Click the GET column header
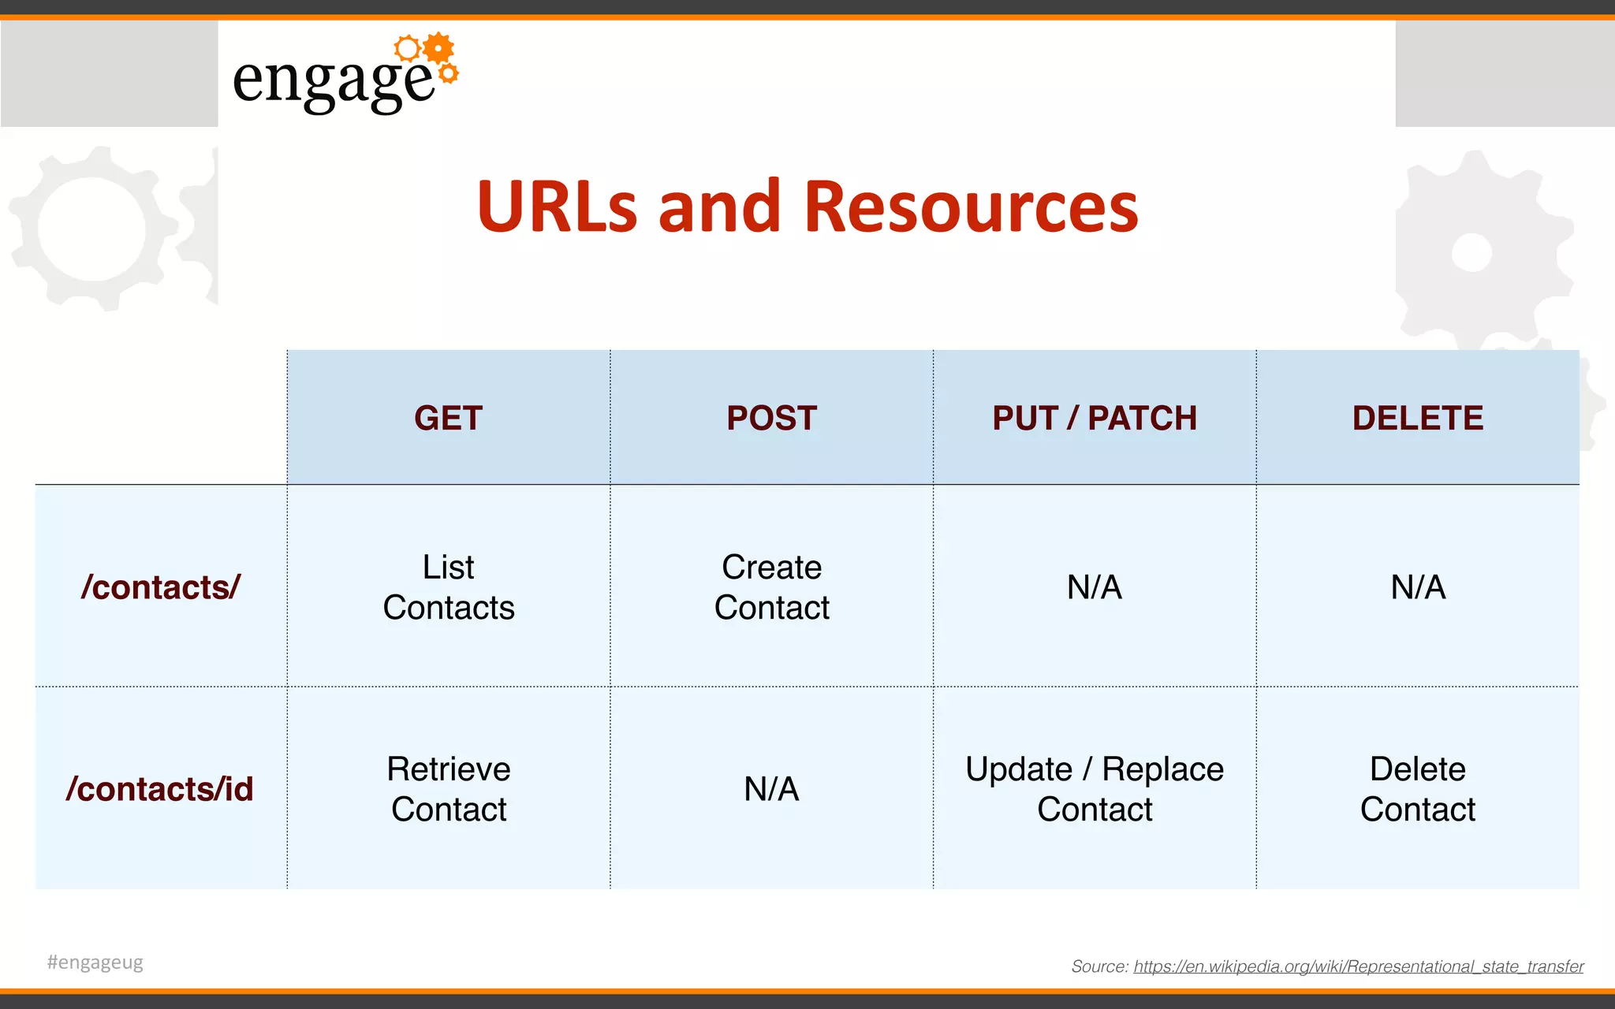tap(448, 418)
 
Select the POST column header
tap(771, 418)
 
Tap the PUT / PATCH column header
tap(1095, 418)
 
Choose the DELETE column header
tap(1418, 418)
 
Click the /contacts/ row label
tap(160, 587)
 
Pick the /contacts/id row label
tap(160, 789)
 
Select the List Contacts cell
tap(448, 587)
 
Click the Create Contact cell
tap(771, 587)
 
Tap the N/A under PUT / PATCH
tap(1095, 587)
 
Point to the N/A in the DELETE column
tap(1418, 587)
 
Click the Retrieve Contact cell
tap(448, 789)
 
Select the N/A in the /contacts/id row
tap(771, 789)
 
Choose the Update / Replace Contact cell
tap(1095, 789)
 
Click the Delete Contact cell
tap(1418, 789)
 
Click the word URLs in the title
tap(557, 207)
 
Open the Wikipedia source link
tap(1358, 966)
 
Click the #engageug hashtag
tap(95, 962)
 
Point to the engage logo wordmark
tap(333, 80)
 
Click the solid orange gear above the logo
tap(438, 49)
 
